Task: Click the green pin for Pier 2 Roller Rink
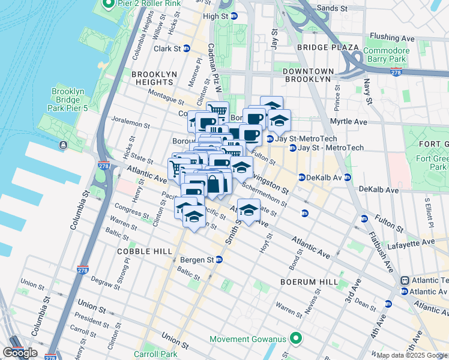point(109,5)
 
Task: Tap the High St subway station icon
point(235,16)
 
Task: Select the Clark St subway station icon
point(187,49)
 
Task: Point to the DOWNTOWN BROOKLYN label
point(306,75)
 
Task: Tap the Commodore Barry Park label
point(386,55)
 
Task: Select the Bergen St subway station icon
point(220,260)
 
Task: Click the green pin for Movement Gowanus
point(295,340)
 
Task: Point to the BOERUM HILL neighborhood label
point(306,281)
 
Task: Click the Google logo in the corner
point(20,352)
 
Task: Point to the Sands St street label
point(332,9)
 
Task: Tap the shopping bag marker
point(212,185)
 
